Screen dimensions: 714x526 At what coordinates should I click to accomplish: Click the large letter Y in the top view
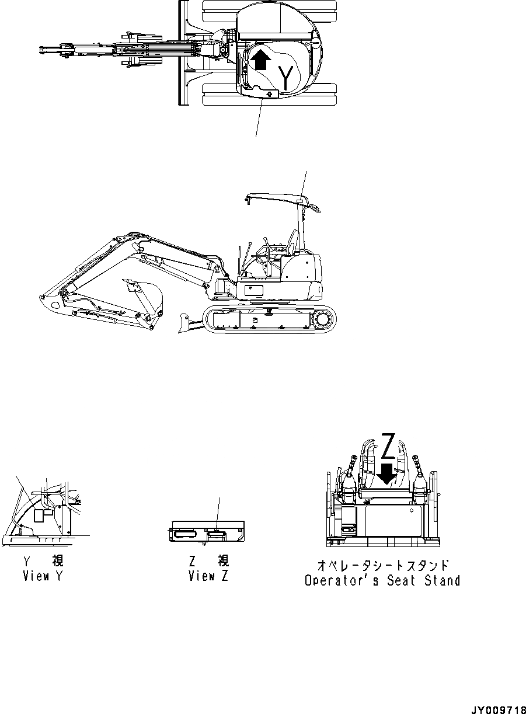pyautogui.click(x=285, y=78)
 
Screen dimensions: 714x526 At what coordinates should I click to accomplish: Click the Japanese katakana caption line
pyautogui.click(x=383, y=565)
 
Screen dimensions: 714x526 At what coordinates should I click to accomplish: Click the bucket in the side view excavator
pyautogui.click(x=147, y=294)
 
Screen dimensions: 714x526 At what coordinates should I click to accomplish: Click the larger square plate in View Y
pyautogui.click(x=42, y=515)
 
